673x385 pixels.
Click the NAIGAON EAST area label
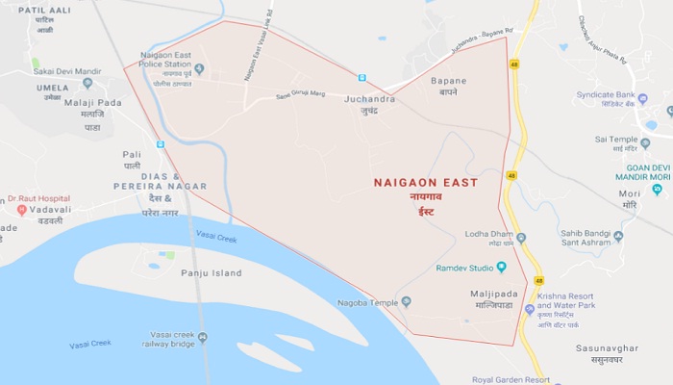point(426,182)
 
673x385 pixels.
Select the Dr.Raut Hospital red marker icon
point(22,209)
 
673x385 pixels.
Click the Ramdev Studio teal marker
point(501,267)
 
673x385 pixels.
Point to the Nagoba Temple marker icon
point(406,301)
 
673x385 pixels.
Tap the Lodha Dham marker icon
point(521,237)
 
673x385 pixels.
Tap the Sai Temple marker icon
point(645,142)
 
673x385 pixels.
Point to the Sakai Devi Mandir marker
point(88,83)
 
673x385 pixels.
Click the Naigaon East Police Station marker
point(199,68)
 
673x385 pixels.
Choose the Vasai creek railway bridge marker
point(203,337)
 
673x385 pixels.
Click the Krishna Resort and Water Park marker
point(530,309)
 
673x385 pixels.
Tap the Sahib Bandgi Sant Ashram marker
point(618,235)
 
